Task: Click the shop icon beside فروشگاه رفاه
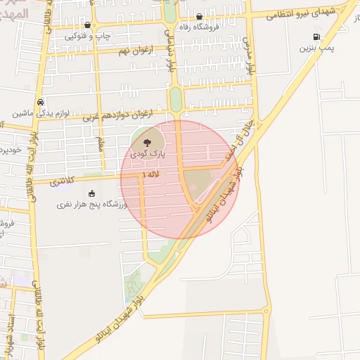coord(200,17)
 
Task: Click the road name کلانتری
coord(65,182)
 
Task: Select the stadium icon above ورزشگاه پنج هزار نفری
coord(91,194)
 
